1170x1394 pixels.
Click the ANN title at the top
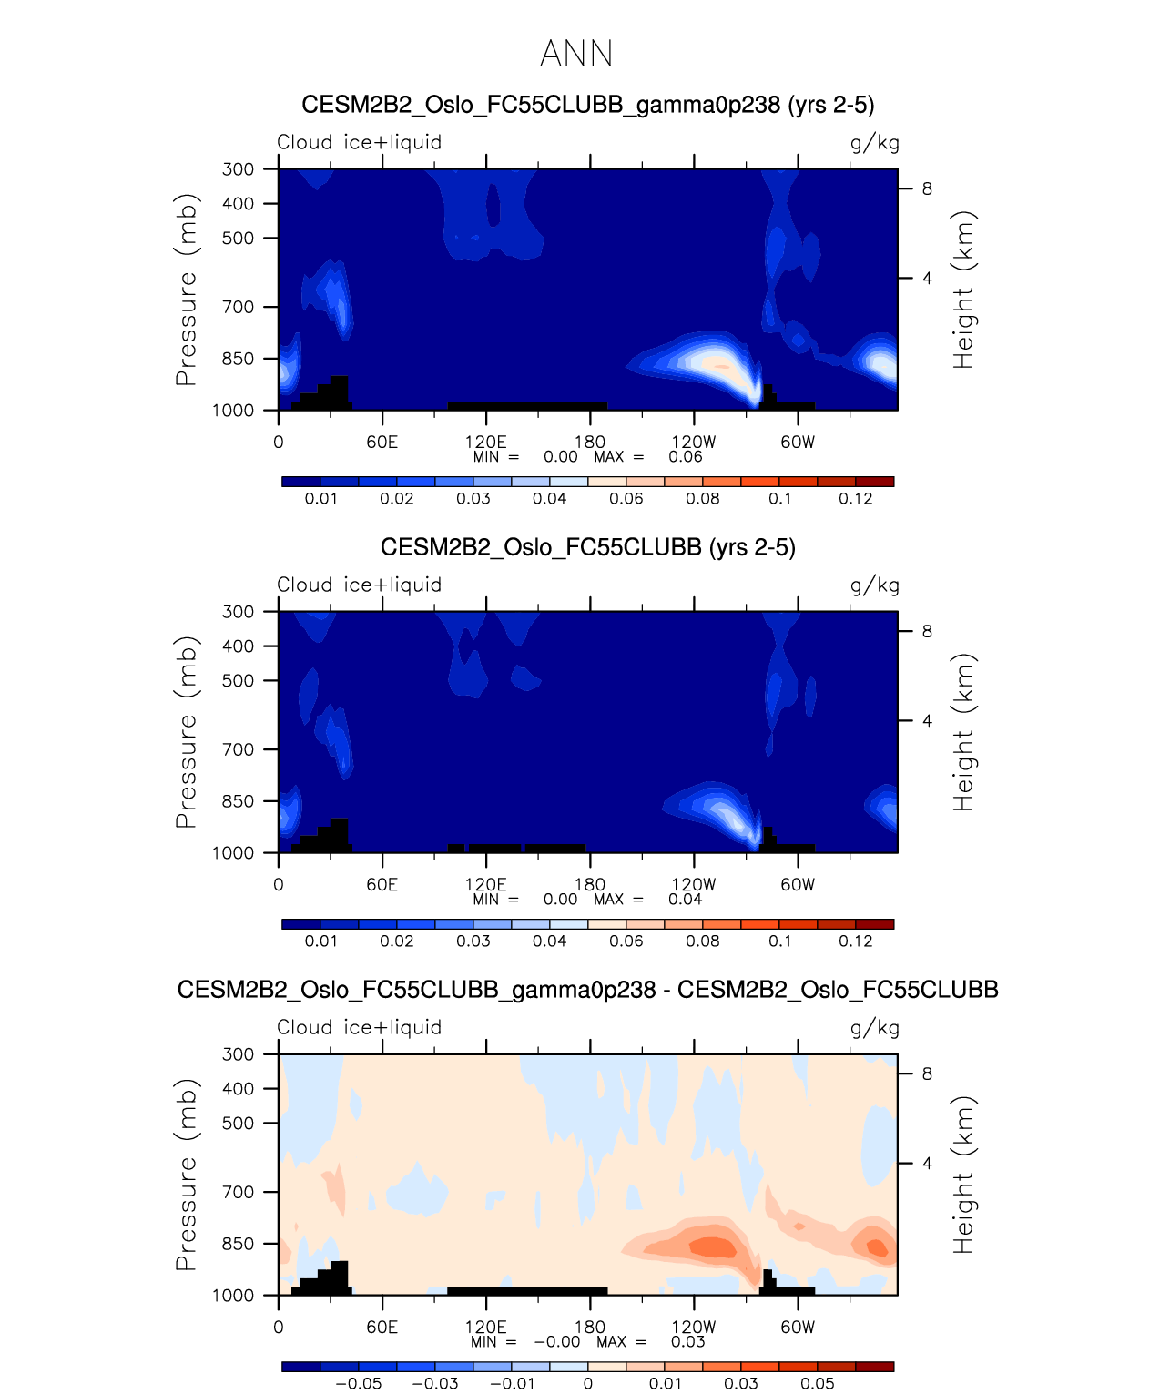(x=576, y=54)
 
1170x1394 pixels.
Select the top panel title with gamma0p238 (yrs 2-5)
(x=587, y=105)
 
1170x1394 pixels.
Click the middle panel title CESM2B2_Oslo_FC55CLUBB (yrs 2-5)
(x=587, y=547)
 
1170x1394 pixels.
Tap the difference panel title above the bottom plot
(x=587, y=990)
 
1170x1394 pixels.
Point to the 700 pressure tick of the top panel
(x=239, y=308)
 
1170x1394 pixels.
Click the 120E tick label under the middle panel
(x=485, y=885)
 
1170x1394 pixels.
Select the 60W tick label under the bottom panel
(x=798, y=1328)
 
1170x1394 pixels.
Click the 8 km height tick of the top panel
(x=927, y=189)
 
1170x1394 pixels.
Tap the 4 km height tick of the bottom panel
(x=927, y=1164)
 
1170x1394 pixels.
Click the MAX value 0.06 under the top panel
(x=685, y=457)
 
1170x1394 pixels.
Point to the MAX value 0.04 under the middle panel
(x=685, y=900)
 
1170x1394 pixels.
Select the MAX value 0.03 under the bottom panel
(x=687, y=1342)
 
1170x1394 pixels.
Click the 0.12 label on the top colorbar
(x=856, y=499)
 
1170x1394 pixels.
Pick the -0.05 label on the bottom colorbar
(x=359, y=1384)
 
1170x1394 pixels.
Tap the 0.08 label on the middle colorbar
(x=703, y=941)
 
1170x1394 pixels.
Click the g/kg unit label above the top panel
(x=875, y=143)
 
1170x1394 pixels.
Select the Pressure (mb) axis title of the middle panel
(x=186, y=732)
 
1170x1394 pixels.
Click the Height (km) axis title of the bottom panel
(x=963, y=1175)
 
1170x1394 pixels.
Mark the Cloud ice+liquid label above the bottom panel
(x=360, y=1028)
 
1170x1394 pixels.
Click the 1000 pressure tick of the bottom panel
(x=233, y=1296)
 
